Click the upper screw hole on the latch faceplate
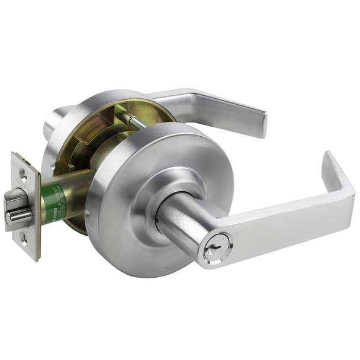(x=22, y=172)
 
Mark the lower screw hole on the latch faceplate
(x=22, y=237)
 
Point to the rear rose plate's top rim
(x=112, y=95)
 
